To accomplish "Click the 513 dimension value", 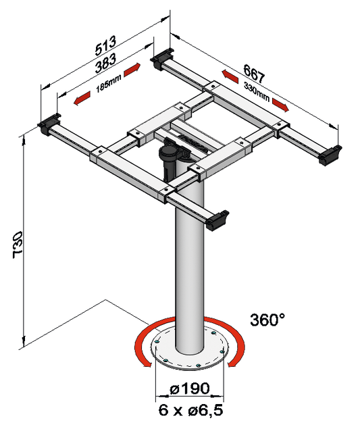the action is [105, 45].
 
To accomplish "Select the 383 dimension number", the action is [105, 63].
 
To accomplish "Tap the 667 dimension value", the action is [253, 73].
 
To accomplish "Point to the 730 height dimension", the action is [18, 245].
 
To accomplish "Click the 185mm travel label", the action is [108, 84].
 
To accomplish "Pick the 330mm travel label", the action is [257, 91].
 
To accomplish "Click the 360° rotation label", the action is [267, 320].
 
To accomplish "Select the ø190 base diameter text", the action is [190, 389].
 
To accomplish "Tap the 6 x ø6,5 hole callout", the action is [190, 410].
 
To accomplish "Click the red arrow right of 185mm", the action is [132, 70].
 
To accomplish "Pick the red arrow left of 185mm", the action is [82, 98].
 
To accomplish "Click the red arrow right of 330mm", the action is [280, 105].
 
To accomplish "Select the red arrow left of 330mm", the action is [230, 76].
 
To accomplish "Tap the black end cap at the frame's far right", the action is [330, 155].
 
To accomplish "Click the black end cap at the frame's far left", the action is [49, 124].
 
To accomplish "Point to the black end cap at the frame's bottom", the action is [217, 220].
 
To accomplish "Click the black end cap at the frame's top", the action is [161, 59].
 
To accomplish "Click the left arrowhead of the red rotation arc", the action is [147, 365].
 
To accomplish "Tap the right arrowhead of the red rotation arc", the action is [232, 365].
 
